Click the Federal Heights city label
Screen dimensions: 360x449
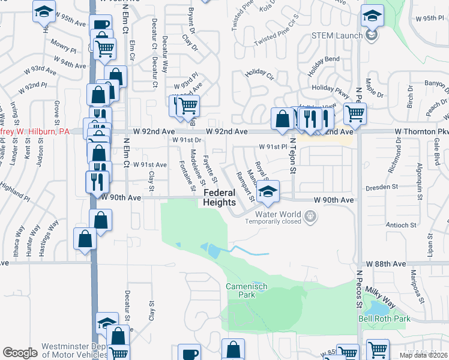tap(219, 197)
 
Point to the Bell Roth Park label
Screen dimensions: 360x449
tap(384, 319)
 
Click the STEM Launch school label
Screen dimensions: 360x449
tap(337, 35)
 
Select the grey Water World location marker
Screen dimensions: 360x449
tap(310, 215)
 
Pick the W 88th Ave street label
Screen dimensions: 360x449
tap(388, 263)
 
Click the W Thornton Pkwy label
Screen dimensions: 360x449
tap(421, 131)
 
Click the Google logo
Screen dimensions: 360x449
tap(20, 353)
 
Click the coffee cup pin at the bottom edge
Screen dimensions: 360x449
tap(190, 353)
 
